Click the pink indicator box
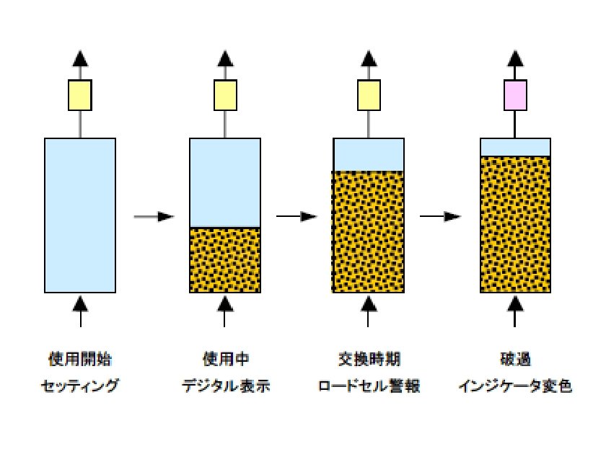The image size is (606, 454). pos(515,95)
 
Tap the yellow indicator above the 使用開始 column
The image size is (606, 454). pos(80,95)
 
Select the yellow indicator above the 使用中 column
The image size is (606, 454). pos(225,95)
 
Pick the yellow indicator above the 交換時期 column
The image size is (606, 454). pos(369,95)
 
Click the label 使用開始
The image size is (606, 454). pos(80,358)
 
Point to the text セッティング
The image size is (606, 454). pos(80,387)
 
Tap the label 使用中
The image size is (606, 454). pos(225,358)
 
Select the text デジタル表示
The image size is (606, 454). pos(225,387)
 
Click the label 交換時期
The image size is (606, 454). pos(369,358)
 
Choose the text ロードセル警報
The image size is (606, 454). pos(369,387)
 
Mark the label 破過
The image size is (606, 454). pos(515,358)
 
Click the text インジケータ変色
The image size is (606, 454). pos(515,387)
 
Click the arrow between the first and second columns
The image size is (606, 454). pos(154,216)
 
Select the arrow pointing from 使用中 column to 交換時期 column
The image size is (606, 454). pos(297,216)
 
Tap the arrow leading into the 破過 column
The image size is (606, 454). pos(441,216)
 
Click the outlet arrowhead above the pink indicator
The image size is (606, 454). pos(515,59)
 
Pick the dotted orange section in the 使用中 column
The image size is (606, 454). pos(225,259)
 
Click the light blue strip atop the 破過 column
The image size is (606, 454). pos(515,146)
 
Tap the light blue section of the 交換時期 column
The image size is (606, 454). pos(369,153)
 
